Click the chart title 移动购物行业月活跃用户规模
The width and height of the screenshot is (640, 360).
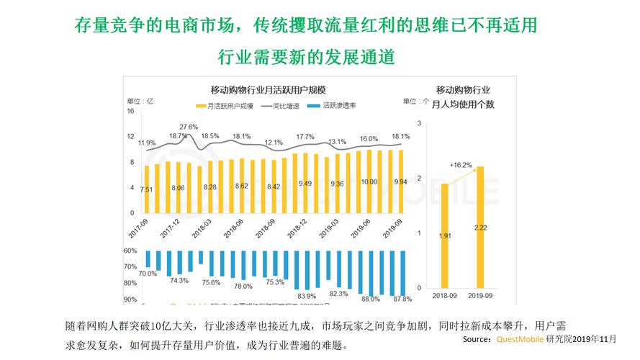[x=268, y=90]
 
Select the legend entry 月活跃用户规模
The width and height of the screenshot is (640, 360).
[x=230, y=105]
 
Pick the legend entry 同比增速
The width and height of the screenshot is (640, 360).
[x=286, y=105]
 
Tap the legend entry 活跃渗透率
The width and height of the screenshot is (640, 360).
[x=338, y=105]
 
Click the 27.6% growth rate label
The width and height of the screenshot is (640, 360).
[x=189, y=127]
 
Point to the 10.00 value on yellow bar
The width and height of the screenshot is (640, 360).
[x=369, y=183]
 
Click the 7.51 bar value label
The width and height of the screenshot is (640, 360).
[x=147, y=189]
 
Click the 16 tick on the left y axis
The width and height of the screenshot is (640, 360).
[x=131, y=111]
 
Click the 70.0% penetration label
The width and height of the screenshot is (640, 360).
[x=147, y=274]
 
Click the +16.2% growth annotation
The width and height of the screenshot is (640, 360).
[x=461, y=165]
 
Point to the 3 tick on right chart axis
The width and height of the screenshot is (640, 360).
[x=418, y=123]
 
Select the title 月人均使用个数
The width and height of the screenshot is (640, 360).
[x=463, y=104]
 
